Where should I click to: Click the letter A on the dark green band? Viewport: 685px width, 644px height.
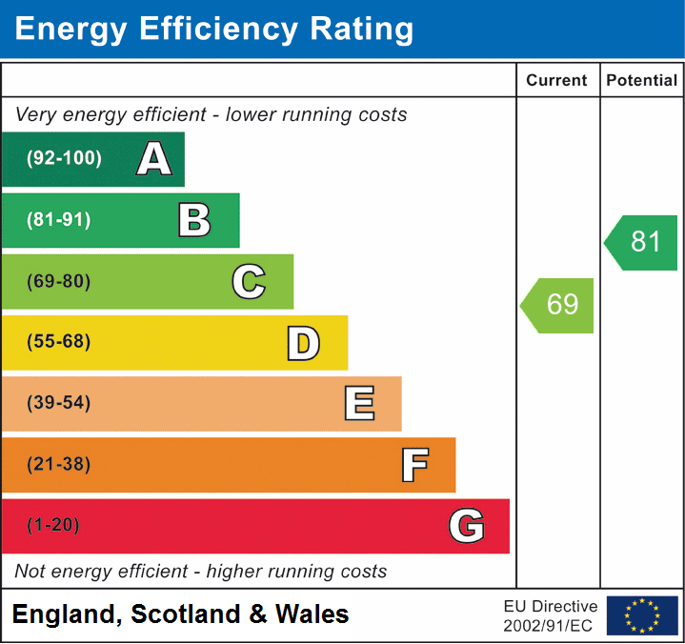pos(154,159)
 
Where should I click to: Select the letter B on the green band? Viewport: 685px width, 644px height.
pos(194,220)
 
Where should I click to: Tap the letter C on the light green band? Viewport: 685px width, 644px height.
pos(249,281)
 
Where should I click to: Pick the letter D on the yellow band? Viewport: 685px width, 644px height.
pos(303,343)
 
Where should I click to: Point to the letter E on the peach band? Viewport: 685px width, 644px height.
pos(358,404)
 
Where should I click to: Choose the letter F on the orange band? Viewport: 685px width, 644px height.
pos(413,465)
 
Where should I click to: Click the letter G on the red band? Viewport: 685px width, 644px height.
pos(467,526)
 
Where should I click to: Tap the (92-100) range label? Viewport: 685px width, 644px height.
pos(65,159)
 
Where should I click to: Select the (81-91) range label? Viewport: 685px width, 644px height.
pos(59,220)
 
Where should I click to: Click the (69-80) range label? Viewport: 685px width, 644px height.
pos(59,281)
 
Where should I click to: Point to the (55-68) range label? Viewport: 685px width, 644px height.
pos(59,342)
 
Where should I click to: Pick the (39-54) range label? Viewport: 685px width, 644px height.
pos(59,403)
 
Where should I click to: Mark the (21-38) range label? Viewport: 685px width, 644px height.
pos(59,465)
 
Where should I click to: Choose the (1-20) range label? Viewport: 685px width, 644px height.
pos(53,526)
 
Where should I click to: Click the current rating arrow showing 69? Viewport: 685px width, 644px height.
pos(559,305)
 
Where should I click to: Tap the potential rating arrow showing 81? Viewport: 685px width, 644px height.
pos(643,242)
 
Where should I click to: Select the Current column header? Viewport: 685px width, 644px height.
pos(557,81)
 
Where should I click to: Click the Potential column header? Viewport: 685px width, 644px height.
pos(642,81)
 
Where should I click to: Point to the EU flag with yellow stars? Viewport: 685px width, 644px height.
pos(642,615)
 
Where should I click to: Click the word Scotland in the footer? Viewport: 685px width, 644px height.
pos(185,614)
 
